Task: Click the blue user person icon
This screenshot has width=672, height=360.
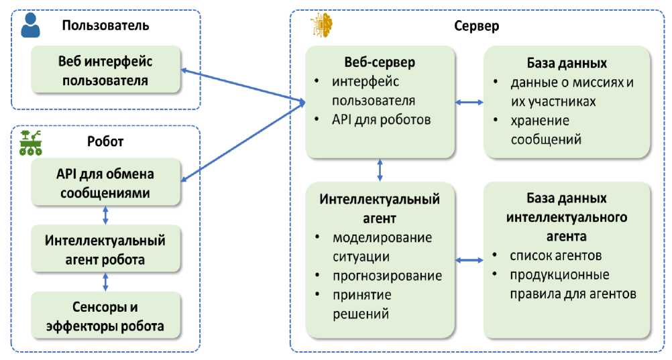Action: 30,25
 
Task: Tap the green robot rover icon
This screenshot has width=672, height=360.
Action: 31,142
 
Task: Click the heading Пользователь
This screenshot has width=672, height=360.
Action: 105,26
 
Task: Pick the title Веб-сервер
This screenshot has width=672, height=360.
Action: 380,62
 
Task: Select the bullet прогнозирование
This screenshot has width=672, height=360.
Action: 386,276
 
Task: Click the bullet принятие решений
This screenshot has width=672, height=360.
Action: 363,304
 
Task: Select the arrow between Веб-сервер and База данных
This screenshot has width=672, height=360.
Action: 469,102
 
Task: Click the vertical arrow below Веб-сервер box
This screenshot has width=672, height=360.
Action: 380,170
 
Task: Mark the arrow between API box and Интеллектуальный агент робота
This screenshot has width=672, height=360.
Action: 105,215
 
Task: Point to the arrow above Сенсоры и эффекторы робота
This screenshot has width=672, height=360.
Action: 105,282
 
